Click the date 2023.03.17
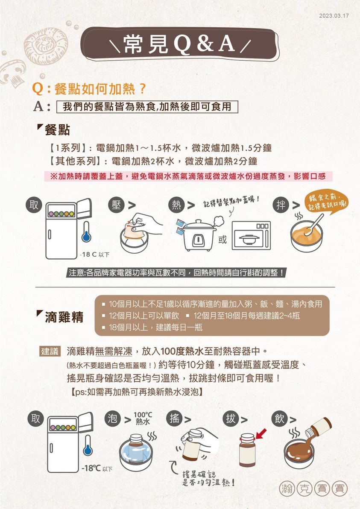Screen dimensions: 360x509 (334, 15)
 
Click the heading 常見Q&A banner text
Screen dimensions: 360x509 (179, 44)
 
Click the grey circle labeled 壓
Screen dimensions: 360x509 (116, 205)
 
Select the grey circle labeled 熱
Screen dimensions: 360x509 (176, 205)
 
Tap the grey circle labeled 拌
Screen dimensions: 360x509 (281, 205)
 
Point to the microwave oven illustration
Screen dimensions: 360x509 (251, 235)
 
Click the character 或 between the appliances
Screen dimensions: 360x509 (222, 240)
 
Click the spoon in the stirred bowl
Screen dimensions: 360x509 (312, 225)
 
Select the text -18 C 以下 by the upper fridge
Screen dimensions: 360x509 (95, 254)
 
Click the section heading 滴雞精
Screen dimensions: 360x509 (64, 317)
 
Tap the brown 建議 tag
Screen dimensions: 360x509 (50, 351)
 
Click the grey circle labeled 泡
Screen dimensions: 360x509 (112, 419)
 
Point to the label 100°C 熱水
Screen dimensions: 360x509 (143, 418)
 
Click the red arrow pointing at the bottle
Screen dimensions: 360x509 (261, 433)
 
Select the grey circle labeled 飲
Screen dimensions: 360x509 (279, 419)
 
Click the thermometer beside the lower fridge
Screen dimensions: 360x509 (88, 445)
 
